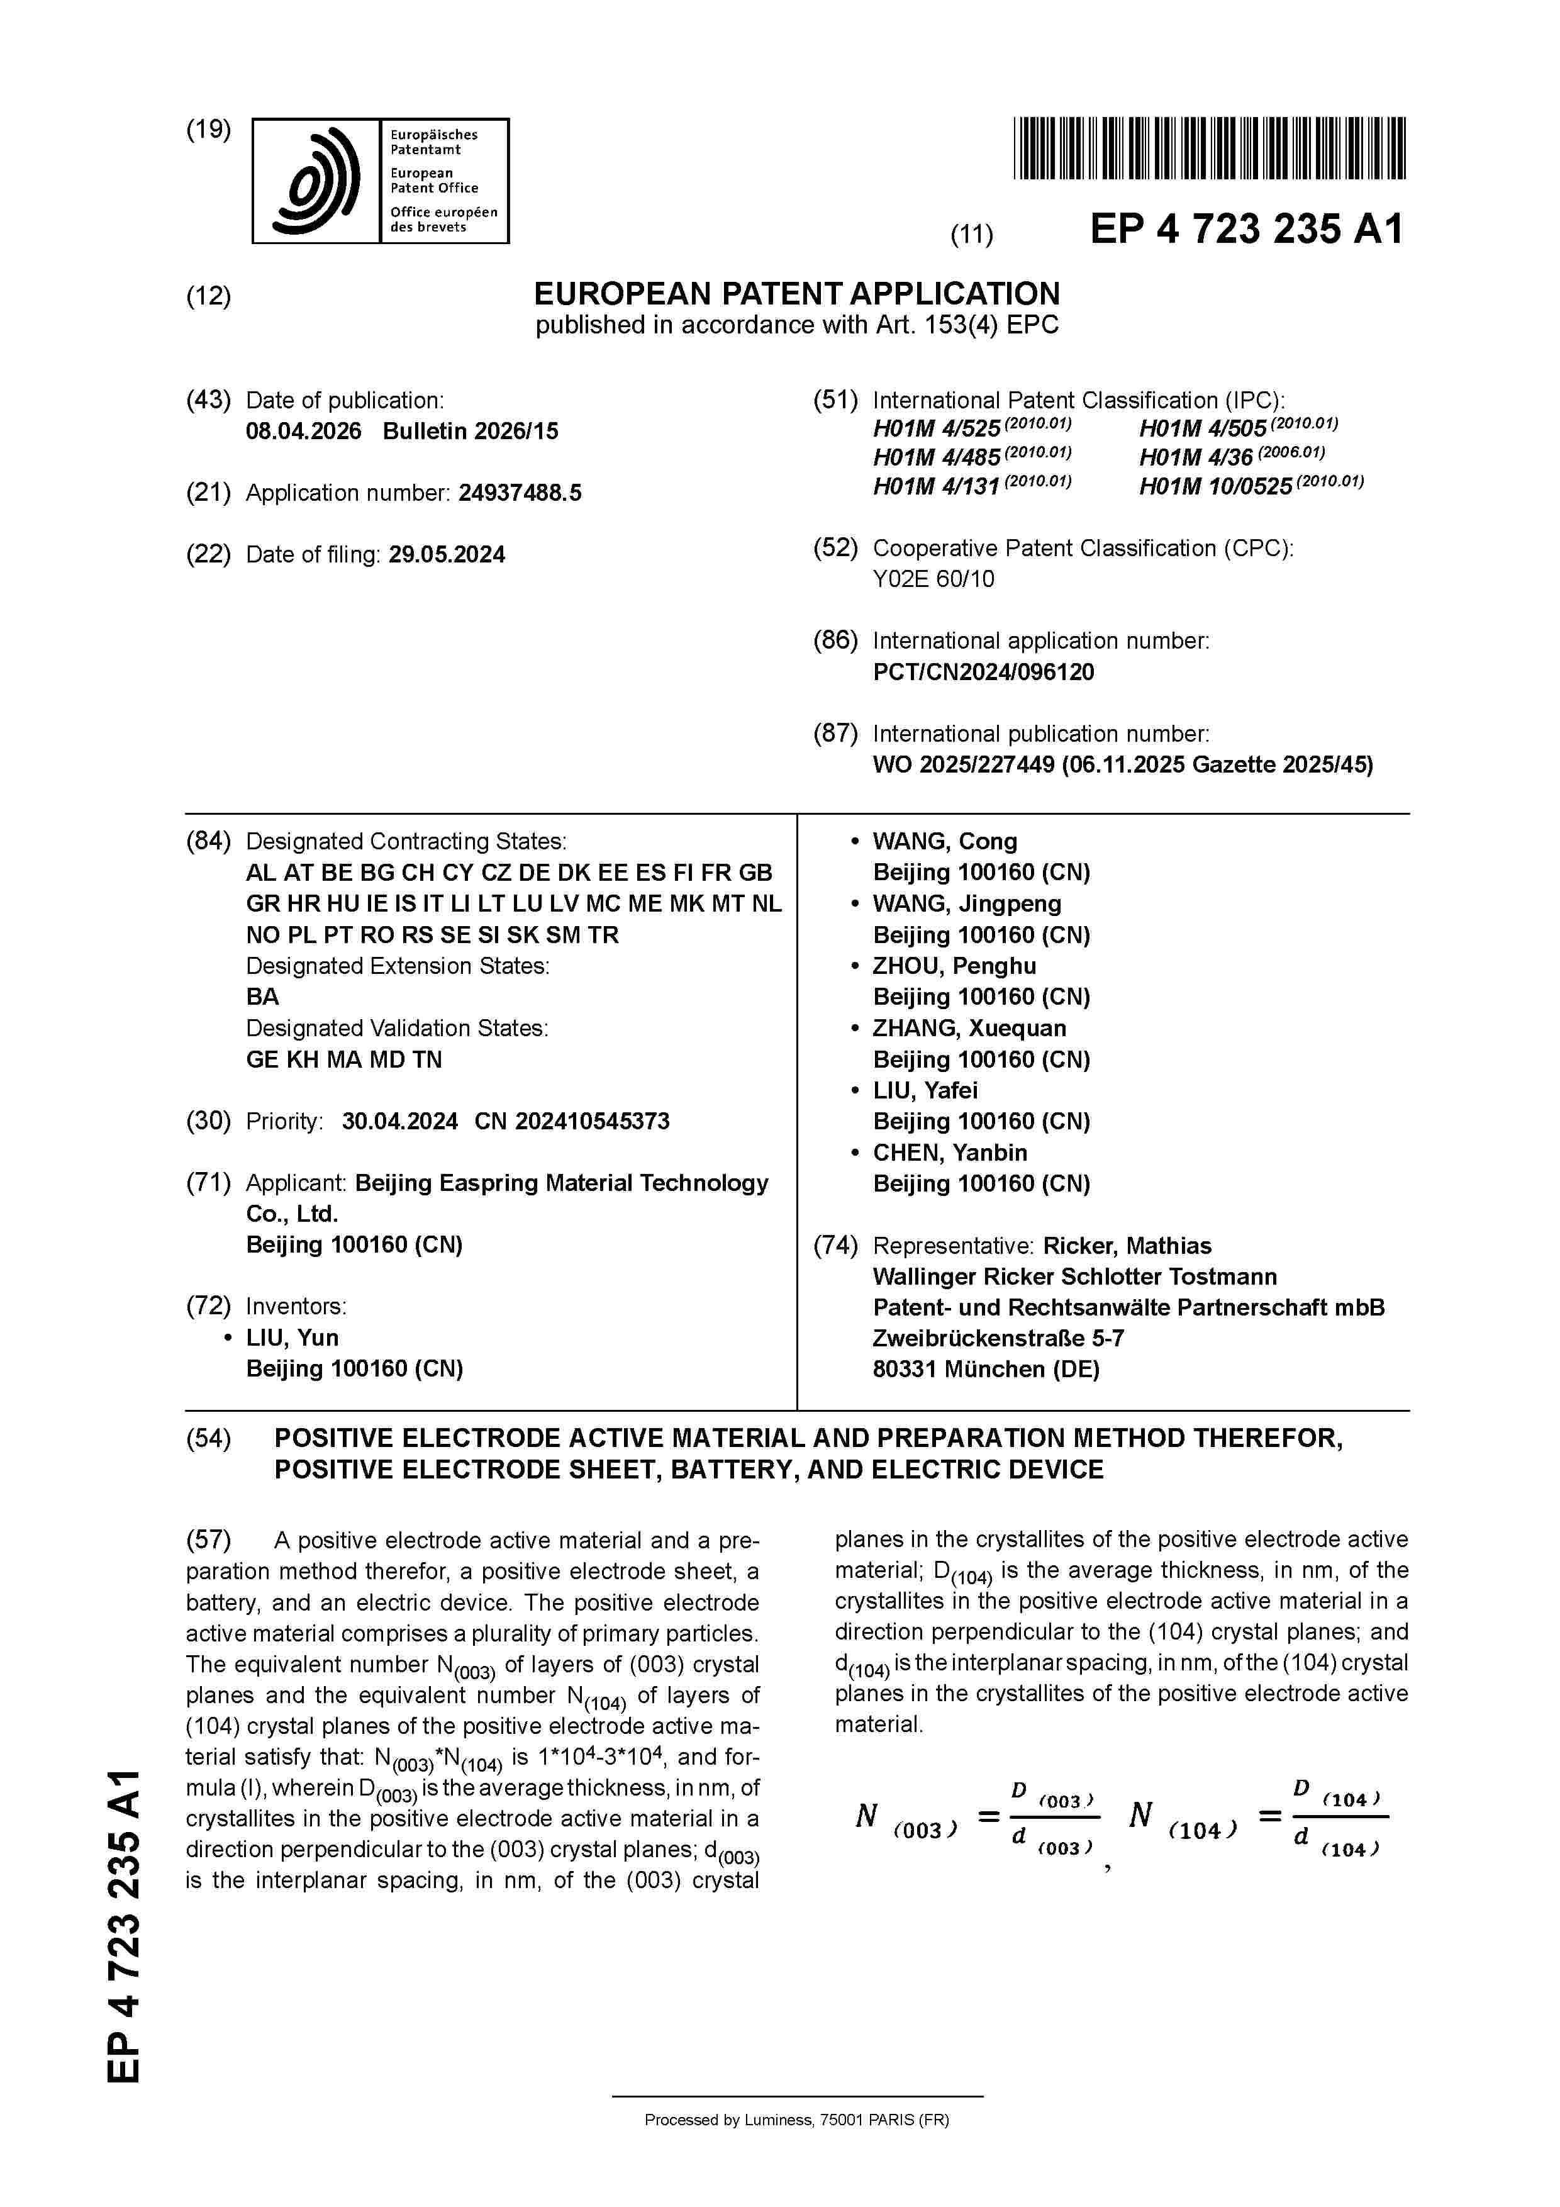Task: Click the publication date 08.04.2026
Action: [304, 430]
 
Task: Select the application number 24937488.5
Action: [520, 493]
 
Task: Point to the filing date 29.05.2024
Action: [447, 555]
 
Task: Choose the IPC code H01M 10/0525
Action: [1216, 486]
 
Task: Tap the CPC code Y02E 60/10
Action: [933, 579]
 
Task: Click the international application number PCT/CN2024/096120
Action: [983, 672]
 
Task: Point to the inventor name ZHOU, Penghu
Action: [954, 966]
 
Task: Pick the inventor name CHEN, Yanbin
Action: [950, 1153]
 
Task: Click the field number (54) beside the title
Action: [209, 1438]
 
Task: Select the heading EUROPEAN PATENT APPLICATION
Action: [797, 293]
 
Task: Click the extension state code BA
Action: [262, 997]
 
